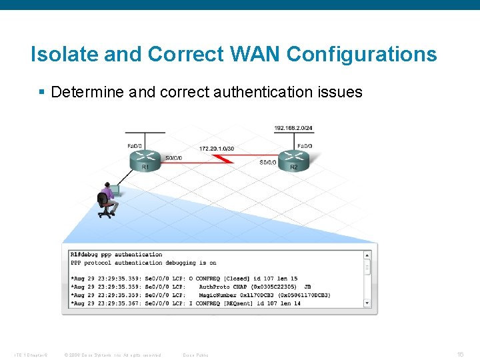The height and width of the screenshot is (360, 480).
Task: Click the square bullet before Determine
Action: [x=43, y=92]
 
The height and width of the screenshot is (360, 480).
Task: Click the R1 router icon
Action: [x=145, y=159]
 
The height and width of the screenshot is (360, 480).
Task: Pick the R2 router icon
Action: [x=294, y=159]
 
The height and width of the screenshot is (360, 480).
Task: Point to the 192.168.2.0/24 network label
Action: [x=293, y=127]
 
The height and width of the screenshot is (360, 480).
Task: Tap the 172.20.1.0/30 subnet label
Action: [x=217, y=148]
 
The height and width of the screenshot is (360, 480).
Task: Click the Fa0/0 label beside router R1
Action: [x=134, y=146]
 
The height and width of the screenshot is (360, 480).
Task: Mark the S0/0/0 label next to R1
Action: [x=173, y=158]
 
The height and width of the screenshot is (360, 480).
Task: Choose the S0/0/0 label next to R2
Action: [x=268, y=162]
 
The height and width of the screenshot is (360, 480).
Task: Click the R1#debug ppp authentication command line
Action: [x=117, y=255]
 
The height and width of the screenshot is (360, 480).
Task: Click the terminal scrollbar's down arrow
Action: [x=367, y=303]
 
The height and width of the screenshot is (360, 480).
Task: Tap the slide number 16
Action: [x=459, y=355]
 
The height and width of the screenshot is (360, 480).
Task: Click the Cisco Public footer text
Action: [x=195, y=355]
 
